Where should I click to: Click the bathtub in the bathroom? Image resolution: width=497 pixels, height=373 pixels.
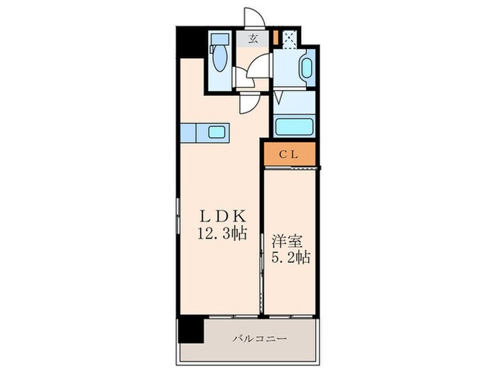tap(293, 126)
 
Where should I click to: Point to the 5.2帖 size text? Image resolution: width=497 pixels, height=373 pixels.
tap(288, 256)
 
